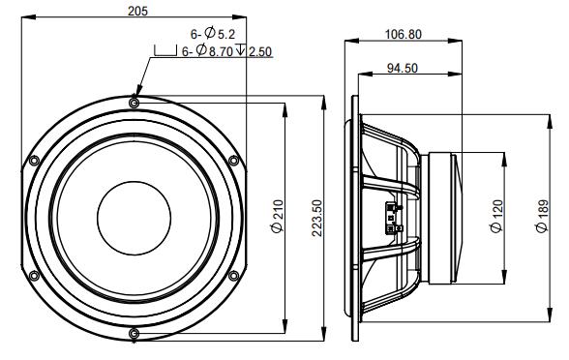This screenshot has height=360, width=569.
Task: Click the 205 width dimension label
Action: [137, 12]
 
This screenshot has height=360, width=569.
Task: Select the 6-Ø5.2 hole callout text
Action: [213, 34]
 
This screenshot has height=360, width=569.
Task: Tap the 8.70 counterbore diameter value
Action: [221, 51]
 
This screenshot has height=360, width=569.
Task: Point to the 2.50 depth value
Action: [260, 52]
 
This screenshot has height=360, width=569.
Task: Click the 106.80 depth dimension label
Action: [404, 35]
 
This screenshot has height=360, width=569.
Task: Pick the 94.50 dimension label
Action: [403, 68]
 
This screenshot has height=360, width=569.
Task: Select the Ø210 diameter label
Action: [277, 216]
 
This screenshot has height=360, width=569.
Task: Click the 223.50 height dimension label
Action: [317, 218]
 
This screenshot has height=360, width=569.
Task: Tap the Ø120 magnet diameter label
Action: [496, 216]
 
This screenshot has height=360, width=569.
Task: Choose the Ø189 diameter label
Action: [543, 217]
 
